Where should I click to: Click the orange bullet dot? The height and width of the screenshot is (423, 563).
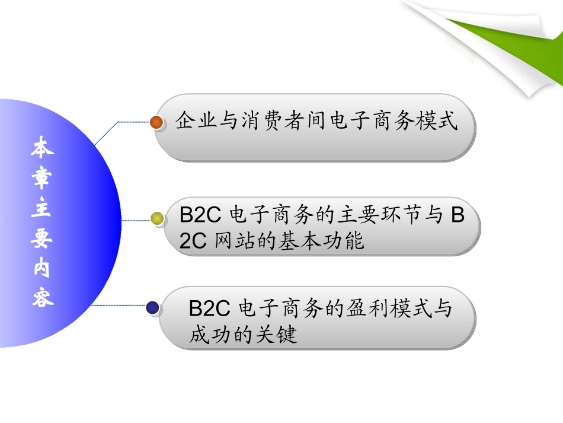tap(157, 122)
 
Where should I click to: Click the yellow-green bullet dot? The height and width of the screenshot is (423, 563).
tap(157, 219)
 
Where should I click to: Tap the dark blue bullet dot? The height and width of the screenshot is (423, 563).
tap(153, 307)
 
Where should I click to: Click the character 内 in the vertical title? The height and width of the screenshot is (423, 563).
tap(43, 269)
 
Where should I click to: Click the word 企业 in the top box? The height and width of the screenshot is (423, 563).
tap(197, 122)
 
